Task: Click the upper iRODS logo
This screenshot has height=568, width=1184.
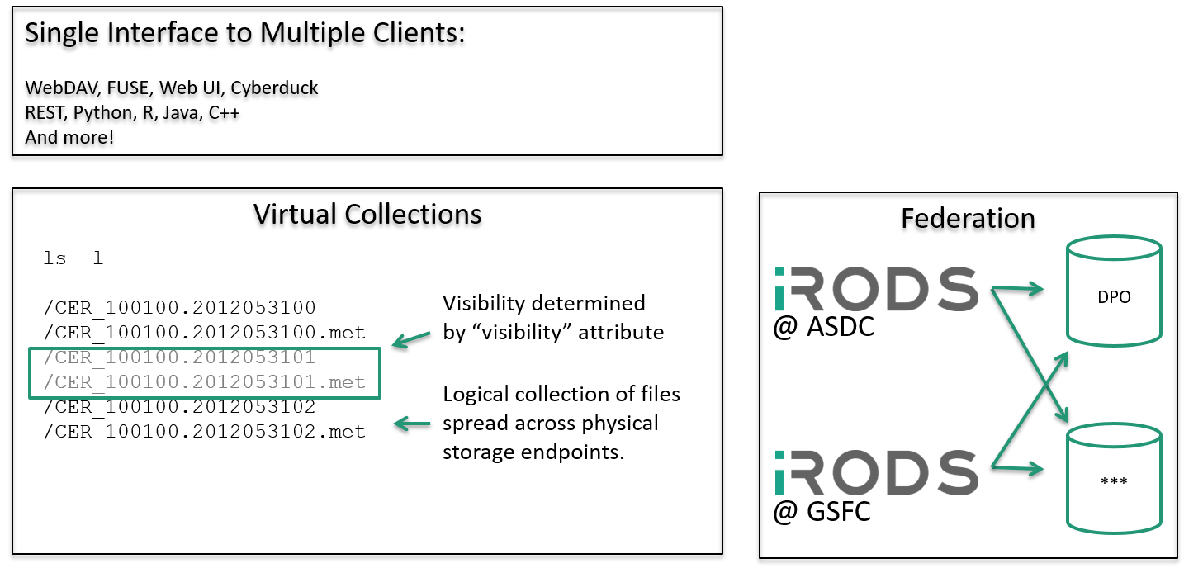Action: tap(877, 289)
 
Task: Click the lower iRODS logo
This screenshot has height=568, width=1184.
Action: tap(877, 472)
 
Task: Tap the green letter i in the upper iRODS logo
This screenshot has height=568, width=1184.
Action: tap(780, 290)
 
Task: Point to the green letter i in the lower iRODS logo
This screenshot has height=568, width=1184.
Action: tap(780, 473)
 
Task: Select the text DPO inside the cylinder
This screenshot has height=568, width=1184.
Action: tap(1114, 297)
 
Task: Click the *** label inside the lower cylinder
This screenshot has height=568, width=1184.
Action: tap(1114, 482)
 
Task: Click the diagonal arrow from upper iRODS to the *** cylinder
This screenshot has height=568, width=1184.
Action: tap(1032, 355)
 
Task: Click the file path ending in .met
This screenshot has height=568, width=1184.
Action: tap(205, 383)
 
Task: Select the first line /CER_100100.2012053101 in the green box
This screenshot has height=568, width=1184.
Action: tap(179, 358)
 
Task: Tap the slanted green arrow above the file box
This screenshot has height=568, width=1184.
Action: tap(411, 338)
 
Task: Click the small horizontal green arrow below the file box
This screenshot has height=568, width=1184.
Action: tap(412, 424)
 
